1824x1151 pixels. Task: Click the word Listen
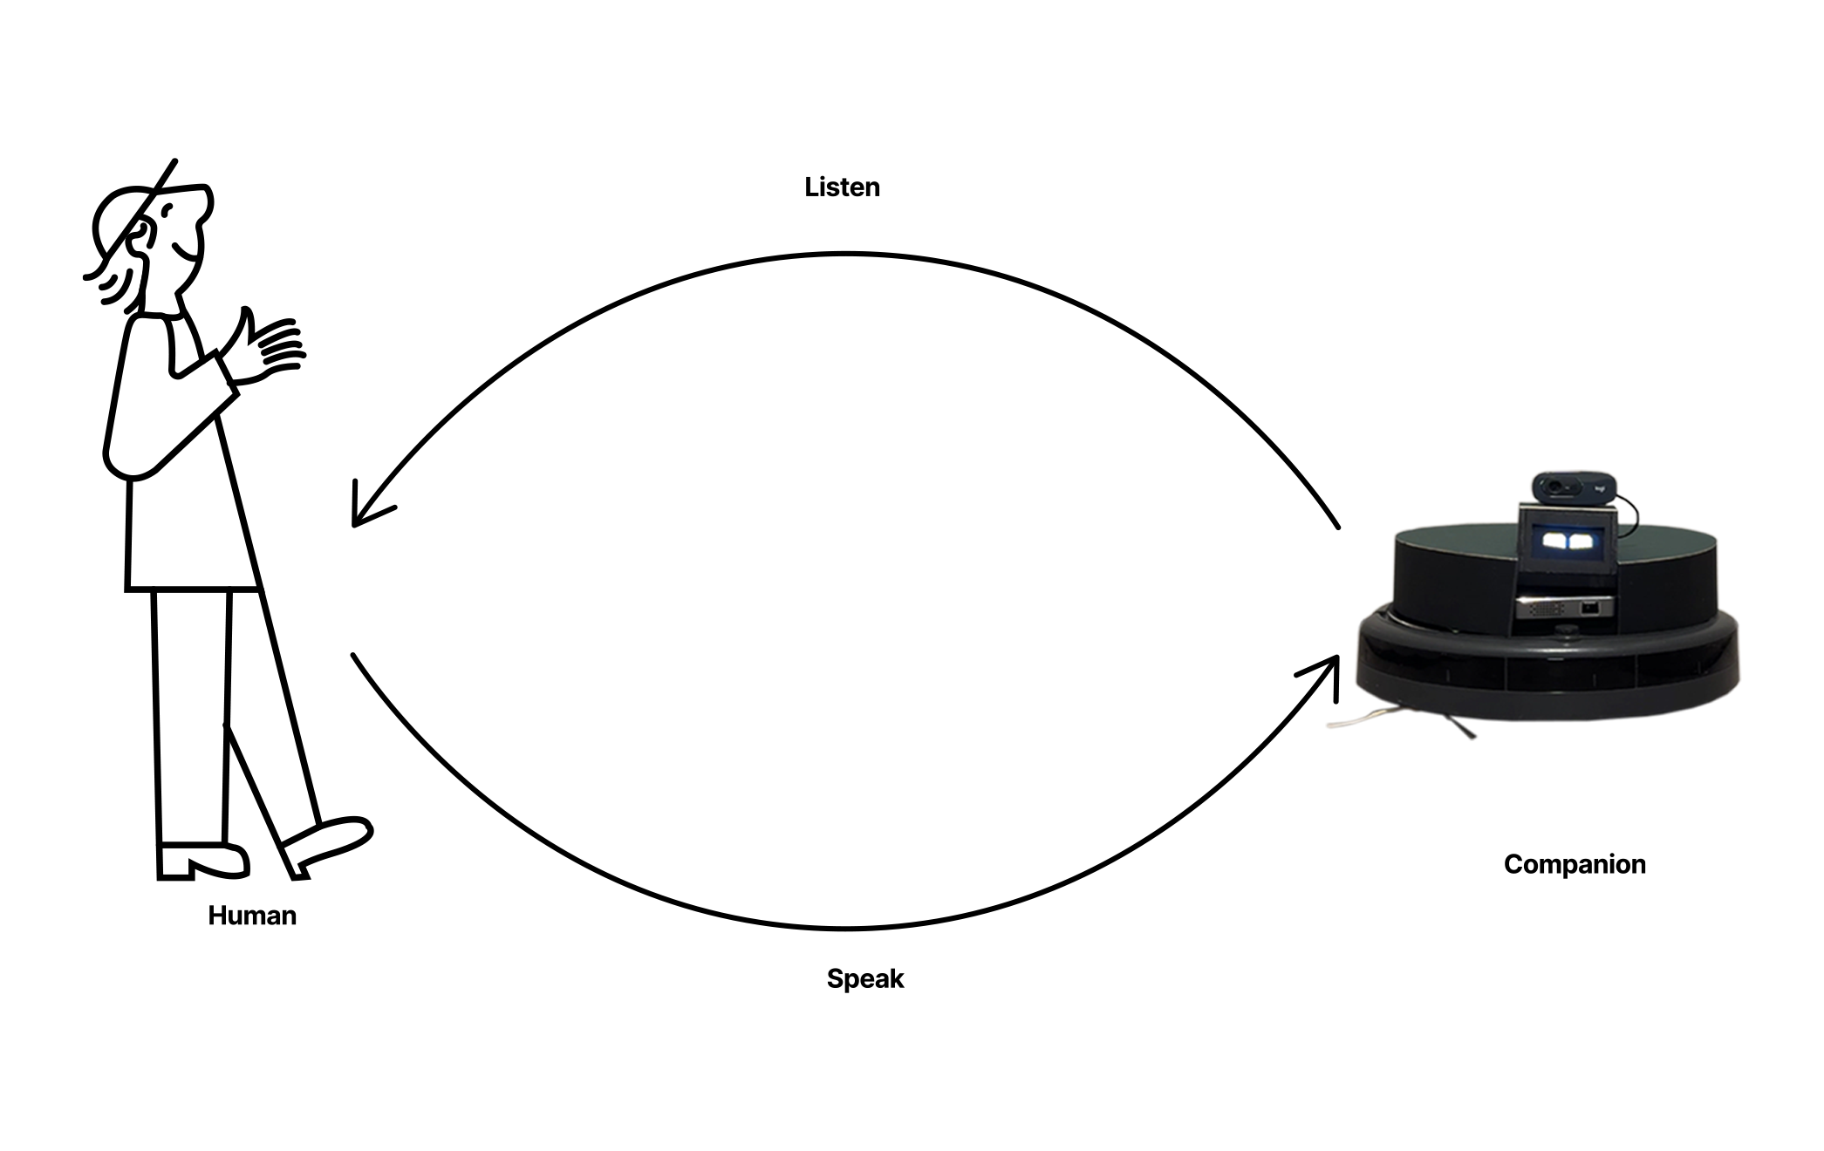pyautogui.click(x=842, y=187)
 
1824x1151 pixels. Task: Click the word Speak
pyautogui.click(x=865, y=979)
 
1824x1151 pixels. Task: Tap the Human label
pyautogui.click(x=252, y=916)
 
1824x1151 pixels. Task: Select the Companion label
pyautogui.click(x=1575, y=864)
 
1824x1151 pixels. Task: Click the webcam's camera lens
pyautogui.click(x=1554, y=485)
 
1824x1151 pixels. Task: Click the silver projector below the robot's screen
pyautogui.click(x=1565, y=607)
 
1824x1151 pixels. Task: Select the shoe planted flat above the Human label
pyautogui.click(x=203, y=862)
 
